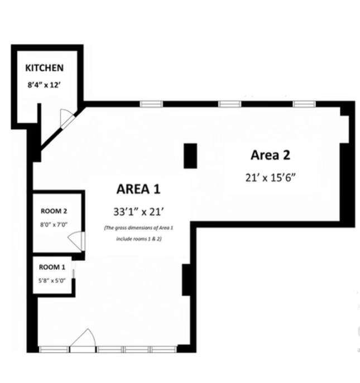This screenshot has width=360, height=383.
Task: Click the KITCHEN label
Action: [x=44, y=67]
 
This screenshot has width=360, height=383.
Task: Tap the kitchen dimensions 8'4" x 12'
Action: [x=44, y=85]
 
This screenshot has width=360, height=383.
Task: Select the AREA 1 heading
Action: [x=138, y=189]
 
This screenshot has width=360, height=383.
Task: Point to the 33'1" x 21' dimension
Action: [x=138, y=212]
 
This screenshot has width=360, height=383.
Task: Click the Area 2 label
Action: [x=271, y=155]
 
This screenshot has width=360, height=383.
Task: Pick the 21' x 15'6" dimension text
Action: [x=271, y=178]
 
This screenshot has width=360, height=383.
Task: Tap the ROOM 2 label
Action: [x=54, y=211]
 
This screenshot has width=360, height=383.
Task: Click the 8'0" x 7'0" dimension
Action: [x=54, y=225]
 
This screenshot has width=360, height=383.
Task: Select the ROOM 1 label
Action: [x=52, y=267]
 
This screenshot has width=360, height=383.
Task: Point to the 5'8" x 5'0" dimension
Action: [x=52, y=280]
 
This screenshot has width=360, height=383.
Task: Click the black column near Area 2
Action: [x=190, y=156]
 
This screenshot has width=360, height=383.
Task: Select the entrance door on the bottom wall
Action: [x=83, y=341]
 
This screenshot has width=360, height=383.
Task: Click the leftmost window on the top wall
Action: [x=151, y=104]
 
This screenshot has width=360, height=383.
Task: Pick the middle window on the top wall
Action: [x=230, y=104]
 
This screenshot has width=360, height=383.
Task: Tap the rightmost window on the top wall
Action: [x=304, y=104]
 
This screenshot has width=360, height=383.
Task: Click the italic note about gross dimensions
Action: [x=138, y=233]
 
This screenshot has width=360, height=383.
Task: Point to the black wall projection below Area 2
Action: [x=186, y=280]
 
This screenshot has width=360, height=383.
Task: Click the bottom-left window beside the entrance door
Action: [x=54, y=350]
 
